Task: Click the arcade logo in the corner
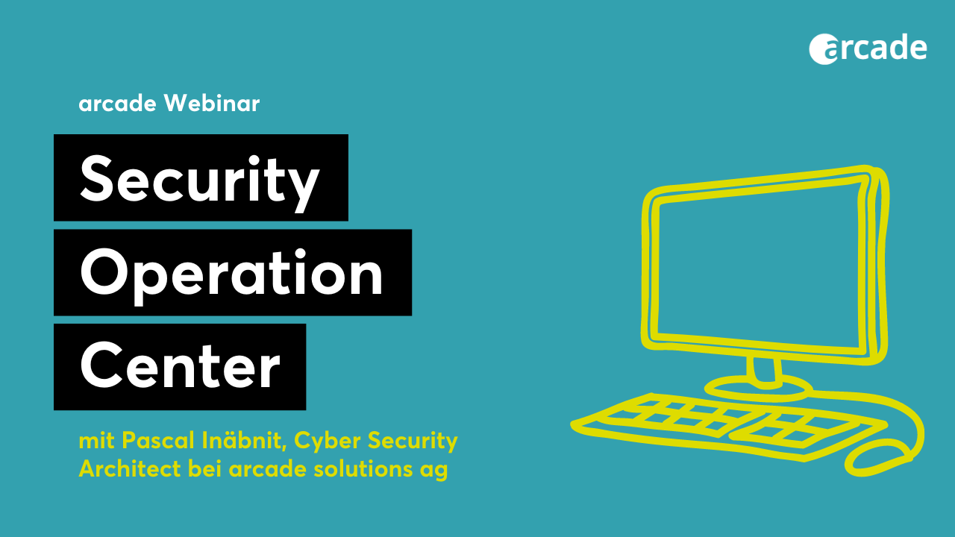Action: click(868, 48)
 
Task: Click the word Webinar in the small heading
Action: click(212, 103)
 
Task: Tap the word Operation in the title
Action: click(231, 274)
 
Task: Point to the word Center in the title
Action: click(180, 365)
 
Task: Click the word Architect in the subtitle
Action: click(130, 469)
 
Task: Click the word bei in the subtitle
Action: click(204, 469)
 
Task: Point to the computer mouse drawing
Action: click(879, 460)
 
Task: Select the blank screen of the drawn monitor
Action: click(759, 268)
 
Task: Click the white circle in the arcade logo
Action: click(822, 48)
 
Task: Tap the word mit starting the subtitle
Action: click(97, 441)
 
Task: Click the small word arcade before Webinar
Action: click(118, 104)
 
